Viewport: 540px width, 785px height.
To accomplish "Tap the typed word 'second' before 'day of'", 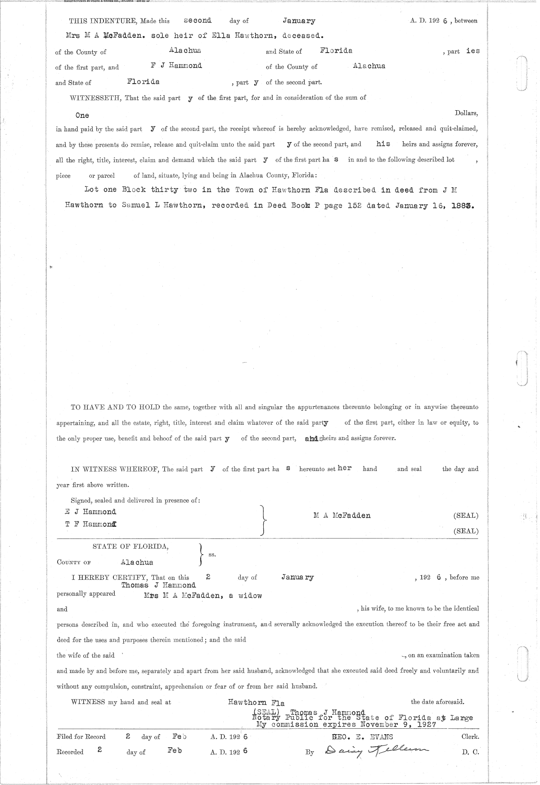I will coord(198,20).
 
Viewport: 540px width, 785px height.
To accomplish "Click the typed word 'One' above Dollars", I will coord(82,115).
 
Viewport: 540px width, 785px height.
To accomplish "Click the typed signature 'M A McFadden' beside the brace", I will coord(342,516).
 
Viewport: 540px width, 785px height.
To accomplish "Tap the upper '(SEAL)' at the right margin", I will coord(466,516).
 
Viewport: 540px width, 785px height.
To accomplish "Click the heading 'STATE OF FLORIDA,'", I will coord(130,547).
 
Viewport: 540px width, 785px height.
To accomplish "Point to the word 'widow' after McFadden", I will coord(250,596).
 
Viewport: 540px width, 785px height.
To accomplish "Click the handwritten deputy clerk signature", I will coord(373,750).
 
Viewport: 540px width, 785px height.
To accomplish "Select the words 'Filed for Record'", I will coord(81,737).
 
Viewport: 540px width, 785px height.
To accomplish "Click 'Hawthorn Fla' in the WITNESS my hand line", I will coord(256,703).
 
